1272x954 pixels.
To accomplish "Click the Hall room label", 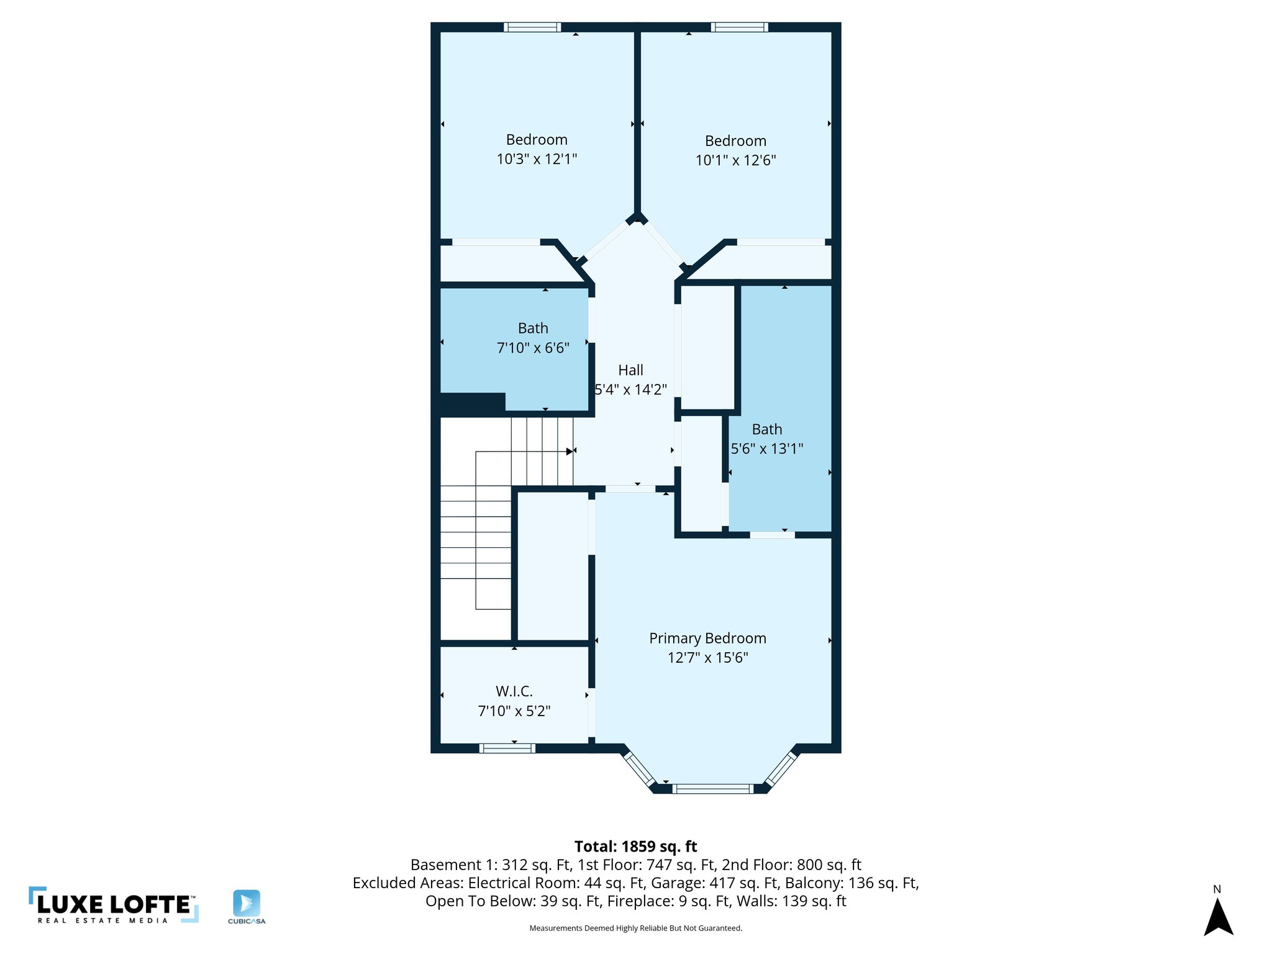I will (x=630, y=370).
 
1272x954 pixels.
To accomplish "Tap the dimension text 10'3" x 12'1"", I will (x=537, y=159).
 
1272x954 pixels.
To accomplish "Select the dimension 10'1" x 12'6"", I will (x=735, y=160).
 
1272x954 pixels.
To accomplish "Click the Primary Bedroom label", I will (x=707, y=638).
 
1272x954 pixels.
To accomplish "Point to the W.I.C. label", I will (x=514, y=691).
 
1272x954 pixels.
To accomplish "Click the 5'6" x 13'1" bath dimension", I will (x=767, y=448).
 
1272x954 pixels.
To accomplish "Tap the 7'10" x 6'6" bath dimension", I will (x=533, y=348).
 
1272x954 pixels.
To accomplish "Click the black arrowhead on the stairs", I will (x=570, y=452).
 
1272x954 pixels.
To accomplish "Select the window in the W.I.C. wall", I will (x=507, y=748).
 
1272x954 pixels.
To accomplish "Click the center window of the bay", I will (x=712, y=789).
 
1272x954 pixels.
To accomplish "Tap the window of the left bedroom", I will (x=532, y=27).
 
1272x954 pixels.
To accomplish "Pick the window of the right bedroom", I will (x=739, y=27).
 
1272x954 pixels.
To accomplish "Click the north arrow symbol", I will (x=1218, y=917).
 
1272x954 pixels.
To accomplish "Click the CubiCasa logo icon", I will (x=247, y=903).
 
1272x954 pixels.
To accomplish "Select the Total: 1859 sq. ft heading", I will (x=635, y=847).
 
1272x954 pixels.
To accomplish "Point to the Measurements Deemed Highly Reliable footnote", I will (x=635, y=928).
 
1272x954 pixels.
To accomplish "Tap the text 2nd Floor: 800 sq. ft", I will (x=791, y=865).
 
